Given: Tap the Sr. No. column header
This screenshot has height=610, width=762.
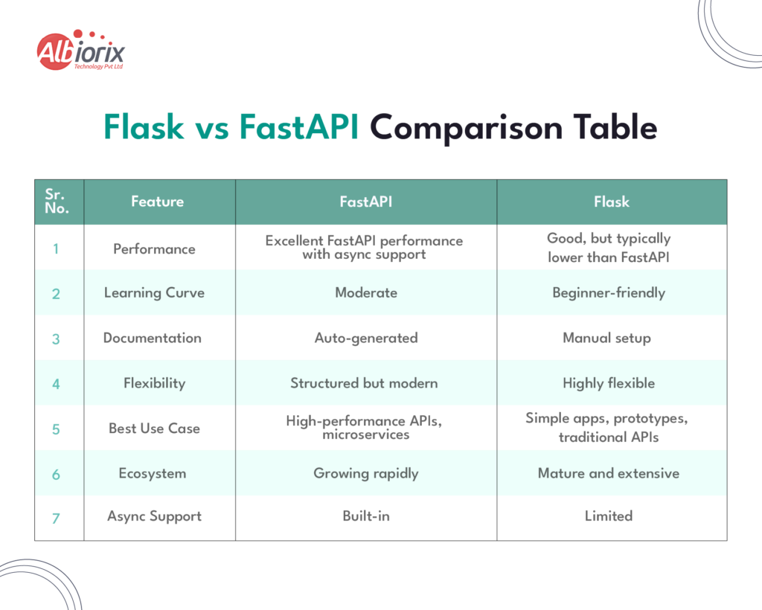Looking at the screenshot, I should click(57, 202).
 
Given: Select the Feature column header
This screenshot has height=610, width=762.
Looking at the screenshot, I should click(157, 202).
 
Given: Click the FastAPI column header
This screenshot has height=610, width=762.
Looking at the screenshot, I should click(365, 202).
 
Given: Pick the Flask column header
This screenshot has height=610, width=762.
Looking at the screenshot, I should click(611, 202).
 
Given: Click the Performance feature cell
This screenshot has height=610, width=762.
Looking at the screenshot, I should click(154, 248).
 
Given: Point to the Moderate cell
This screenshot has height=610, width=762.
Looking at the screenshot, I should click(365, 292).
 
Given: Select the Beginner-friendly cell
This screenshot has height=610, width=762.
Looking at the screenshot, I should click(608, 292).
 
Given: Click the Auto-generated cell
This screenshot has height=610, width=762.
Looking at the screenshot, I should click(365, 338).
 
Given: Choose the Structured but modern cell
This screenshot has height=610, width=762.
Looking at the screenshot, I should click(364, 383).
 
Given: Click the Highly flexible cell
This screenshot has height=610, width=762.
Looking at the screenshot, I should click(608, 383).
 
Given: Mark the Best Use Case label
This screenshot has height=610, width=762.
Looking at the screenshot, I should click(154, 428).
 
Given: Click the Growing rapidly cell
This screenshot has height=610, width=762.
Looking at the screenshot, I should click(365, 473).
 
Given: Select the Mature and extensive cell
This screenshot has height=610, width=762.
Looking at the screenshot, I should click(608, 473).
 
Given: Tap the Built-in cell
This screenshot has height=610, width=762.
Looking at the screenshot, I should click(365, 516).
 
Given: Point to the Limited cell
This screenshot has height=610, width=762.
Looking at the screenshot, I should click(608, 516).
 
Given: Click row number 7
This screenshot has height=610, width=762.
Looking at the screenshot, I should click(56, 518).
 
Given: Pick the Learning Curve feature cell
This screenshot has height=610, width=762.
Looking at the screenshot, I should click(154, 292).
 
